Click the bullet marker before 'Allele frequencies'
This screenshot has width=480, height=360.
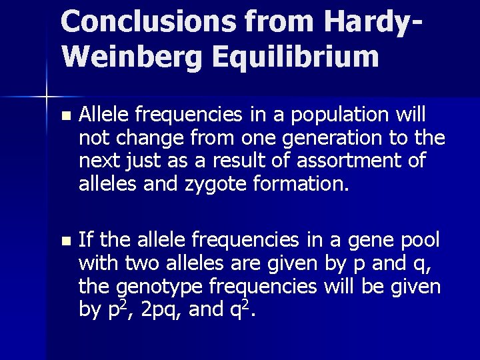64,116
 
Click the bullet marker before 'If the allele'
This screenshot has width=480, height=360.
64,239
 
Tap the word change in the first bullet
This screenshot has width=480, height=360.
137,139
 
